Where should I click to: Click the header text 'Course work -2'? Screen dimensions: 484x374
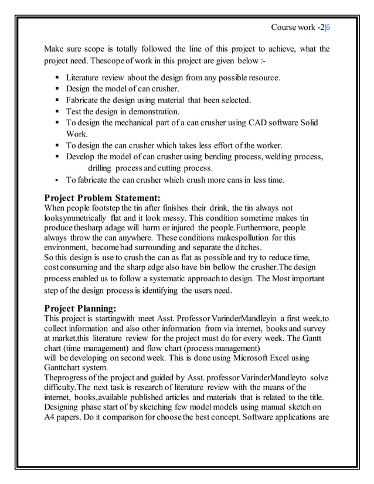click(x=297, y=28)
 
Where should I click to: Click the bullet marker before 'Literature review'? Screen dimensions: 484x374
click(x=58, y=77)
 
